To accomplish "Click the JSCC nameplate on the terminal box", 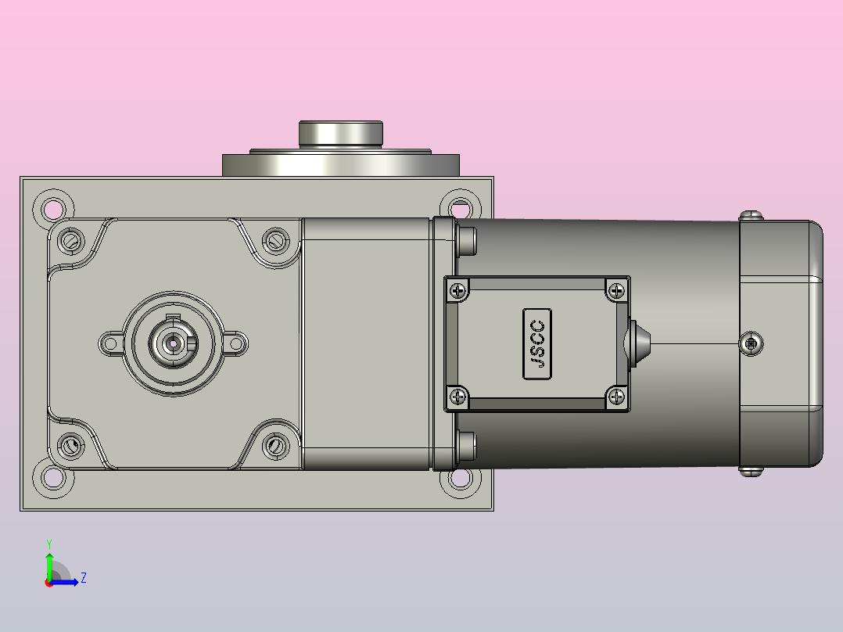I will (x=537, y=344).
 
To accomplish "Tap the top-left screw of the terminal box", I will (x=457, y=291).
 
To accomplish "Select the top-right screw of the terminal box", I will (x=617, y=291).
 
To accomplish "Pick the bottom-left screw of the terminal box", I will (x=457, y=397).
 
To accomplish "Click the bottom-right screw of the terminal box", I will (x=617, y=397).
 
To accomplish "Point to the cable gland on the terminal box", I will (x=637, y=343).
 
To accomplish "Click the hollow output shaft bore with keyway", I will (x=171, y=342).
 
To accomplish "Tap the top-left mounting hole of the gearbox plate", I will (x=53, y=209).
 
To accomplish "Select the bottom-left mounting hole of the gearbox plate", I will (x=53, y=477).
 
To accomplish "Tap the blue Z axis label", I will (x=83, y=578).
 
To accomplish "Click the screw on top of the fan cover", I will (x=751, y=214).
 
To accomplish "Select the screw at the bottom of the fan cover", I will (x=751, y=471).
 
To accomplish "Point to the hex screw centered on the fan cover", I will (x=752, y=343).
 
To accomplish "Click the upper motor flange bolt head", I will (x=468, y=240).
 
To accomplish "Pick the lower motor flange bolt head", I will (x=468, y=446).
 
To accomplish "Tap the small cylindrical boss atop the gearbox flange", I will (x=340, y=133).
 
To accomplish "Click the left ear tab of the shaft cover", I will (x=109, y=342).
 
